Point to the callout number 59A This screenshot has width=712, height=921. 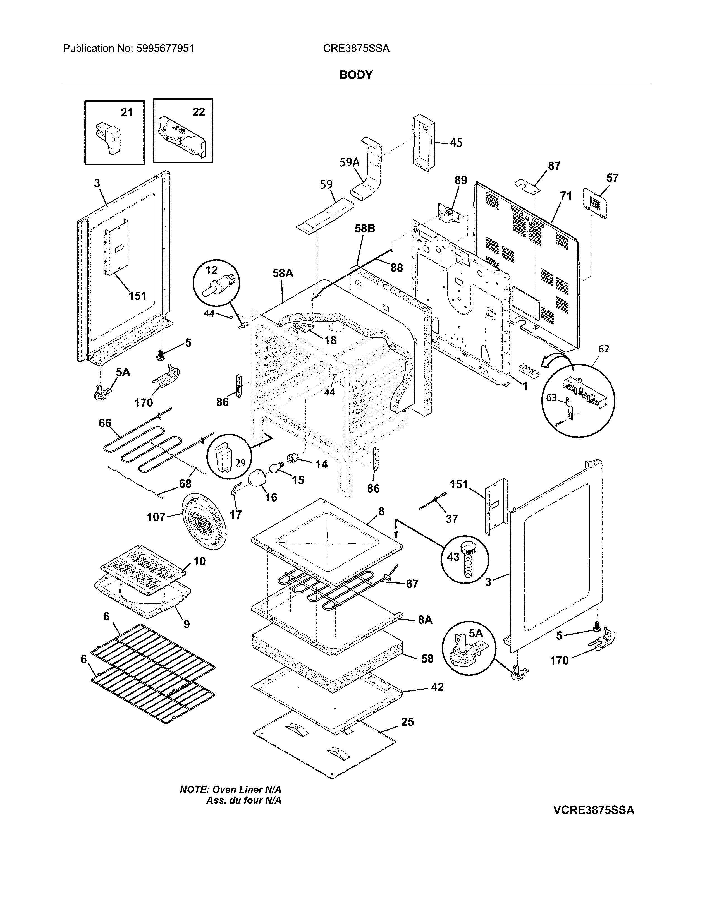tap(350, 162)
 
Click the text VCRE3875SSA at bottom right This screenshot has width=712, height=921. tap(594, 810)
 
